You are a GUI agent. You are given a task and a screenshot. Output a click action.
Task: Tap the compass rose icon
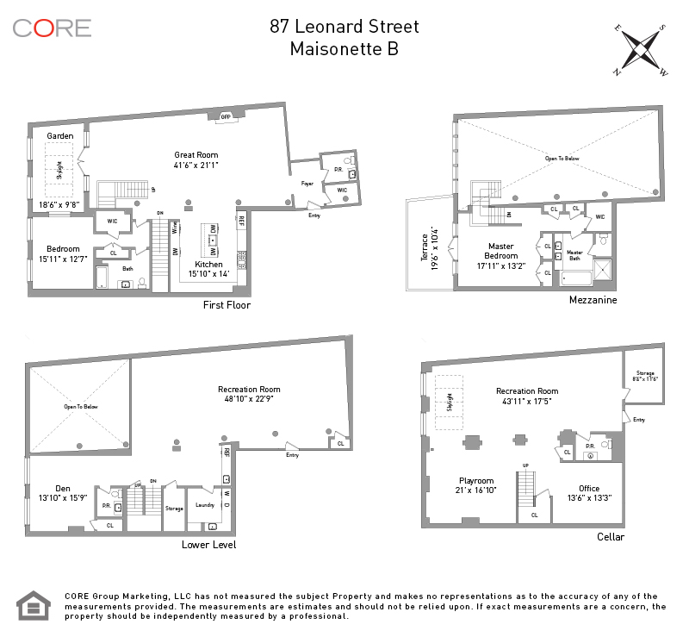coord(640,48)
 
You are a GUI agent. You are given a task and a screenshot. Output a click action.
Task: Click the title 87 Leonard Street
coord(344,26)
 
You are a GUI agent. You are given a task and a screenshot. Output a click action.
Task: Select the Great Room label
coord(196,155)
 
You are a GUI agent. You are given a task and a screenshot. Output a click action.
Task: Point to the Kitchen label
coord(208,265)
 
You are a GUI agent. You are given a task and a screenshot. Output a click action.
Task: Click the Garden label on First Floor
coord(60,136)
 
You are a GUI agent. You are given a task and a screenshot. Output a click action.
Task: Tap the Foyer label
coord(307,183)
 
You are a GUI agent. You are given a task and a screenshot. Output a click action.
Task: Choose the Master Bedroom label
coord(500,251)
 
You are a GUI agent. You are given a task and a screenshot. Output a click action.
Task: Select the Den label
coord(63,488)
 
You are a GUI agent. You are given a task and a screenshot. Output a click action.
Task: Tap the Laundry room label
coord(205,505)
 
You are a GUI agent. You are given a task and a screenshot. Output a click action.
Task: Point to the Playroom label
coord(476,481)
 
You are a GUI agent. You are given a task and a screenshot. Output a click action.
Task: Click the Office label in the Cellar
coord(589,489)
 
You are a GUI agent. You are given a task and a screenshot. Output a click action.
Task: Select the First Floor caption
coord(227,305)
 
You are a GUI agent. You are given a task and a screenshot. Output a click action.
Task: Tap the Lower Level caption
coord(208,545)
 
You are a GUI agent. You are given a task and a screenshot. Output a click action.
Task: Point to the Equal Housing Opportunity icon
coord(35,605)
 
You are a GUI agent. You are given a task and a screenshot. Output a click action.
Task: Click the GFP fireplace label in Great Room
coord(227,116)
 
